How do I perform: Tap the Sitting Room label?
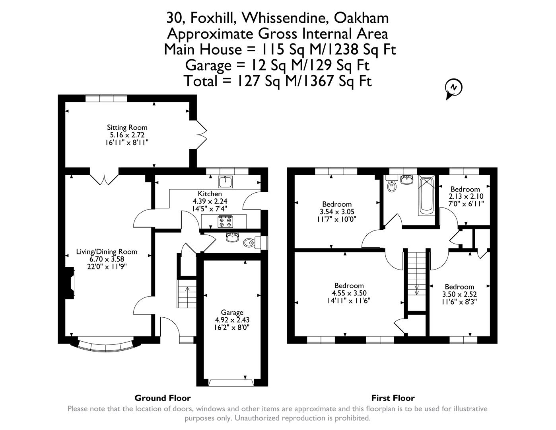tap(127, 128)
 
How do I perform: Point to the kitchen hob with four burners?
tap(225, 221)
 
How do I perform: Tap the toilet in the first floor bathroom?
tap(392, 186)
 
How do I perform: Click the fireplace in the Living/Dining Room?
tap(71, 282)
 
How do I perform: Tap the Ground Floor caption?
tap(162, 398)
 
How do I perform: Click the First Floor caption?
tap(393, 398)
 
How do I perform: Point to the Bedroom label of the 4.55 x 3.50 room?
tap(349, 285)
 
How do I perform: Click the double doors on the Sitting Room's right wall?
tap(201, 135)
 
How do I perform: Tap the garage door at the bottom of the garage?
tap(232, 383)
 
